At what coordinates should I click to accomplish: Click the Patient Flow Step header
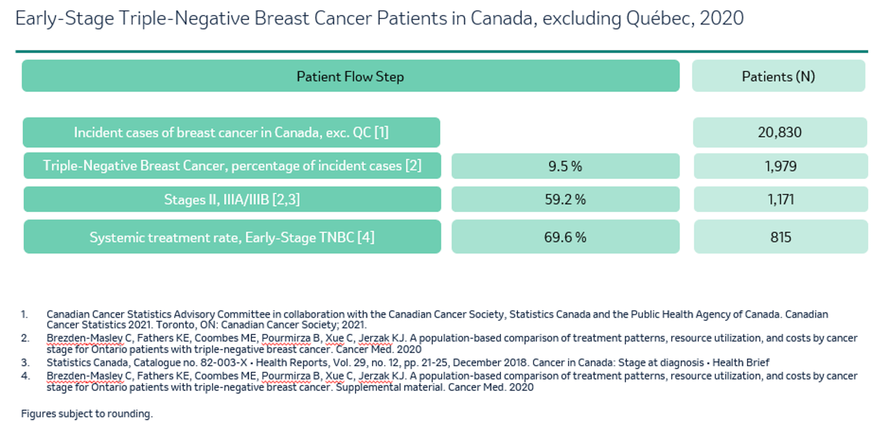[x=350, y=76]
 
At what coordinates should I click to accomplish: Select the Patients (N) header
[x=778, y=76]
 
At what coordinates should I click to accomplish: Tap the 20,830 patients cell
[x=780, y=132]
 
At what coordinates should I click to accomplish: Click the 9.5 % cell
[x=565, y=166]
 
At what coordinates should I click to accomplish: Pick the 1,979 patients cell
[x=781, y=166]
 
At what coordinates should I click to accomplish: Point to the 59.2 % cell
[x=565, y=199]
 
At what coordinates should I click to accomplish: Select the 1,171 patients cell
[x=781, y=199]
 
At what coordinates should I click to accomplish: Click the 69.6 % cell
[x=565, y=237]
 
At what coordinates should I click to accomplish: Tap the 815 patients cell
[x=781, y=237]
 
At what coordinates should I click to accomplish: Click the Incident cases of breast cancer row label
[x=231, y=132]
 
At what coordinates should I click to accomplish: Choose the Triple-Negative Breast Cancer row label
[x=232, y=166]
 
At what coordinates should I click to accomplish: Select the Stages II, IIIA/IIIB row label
[x=232, y=199]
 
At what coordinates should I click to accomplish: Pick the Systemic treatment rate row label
[x=232, y=237]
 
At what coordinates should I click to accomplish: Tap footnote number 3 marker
[x=25, y=362]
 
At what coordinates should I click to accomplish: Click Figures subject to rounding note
[x=87, y=414]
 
